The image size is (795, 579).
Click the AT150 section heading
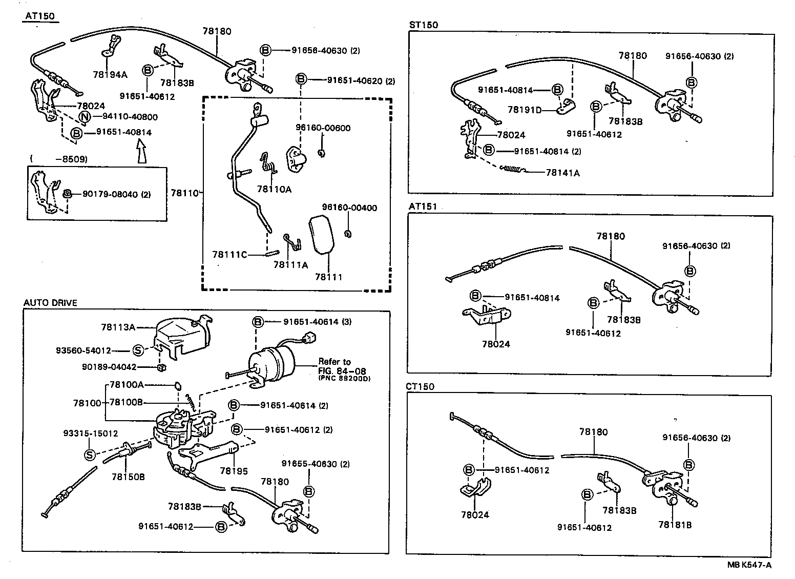point(39,16)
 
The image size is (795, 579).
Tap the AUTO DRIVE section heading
point(50,303)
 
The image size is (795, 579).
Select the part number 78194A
point(110,74)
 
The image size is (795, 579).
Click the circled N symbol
point(85,117)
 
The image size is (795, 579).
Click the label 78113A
point(118,327)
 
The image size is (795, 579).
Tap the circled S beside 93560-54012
point(138,350)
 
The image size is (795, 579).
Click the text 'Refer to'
point(334,362)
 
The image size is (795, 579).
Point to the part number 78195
point(234,470)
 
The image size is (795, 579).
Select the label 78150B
point(128,477)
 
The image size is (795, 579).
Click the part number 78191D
point(525,110)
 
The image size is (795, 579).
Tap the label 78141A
point(562,173)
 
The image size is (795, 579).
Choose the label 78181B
point(675,525)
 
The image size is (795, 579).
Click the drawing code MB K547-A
point(749,565)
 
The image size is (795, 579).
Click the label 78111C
point(229,254)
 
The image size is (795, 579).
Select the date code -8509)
point(70,159)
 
